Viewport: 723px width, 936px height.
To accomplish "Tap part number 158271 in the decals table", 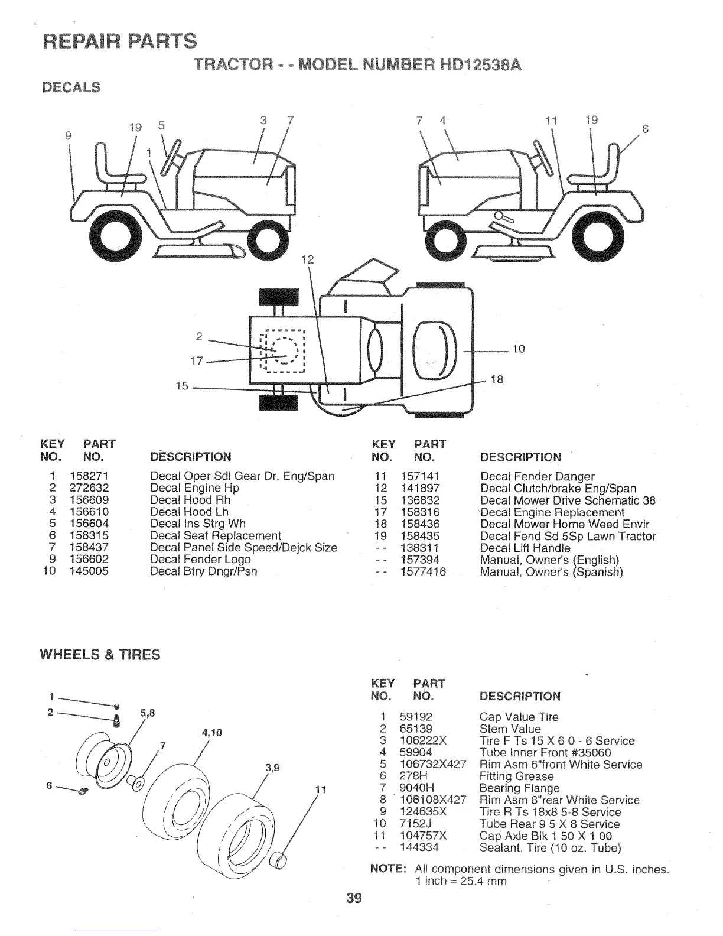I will [x=89, y=476].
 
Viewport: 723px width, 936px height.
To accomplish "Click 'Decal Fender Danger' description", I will [x=537, y=476].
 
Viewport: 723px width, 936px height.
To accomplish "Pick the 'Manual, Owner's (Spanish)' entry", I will [x=551, y=572].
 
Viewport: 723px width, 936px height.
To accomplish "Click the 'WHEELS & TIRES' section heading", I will [x=99, y=655].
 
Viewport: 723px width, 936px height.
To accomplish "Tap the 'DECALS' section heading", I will [x=70, y=87].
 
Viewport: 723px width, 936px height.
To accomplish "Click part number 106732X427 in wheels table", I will [x=433, y=765].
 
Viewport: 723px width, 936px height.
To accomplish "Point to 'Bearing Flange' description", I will [x=519, y=788].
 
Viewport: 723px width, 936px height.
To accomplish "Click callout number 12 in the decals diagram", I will [x=308, y=259].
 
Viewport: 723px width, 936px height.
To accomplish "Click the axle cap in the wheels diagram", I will [x=278, y=860].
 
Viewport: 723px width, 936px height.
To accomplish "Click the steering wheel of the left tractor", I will [x=175, y=158].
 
